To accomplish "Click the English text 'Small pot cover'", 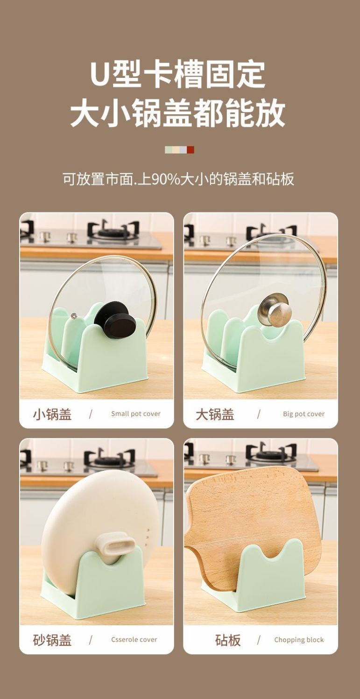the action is (136, 414).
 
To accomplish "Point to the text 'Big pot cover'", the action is (304, 414).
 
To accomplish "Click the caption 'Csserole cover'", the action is (134, 639).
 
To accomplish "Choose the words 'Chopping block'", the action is (299, 640).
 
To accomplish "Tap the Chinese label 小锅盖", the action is (52, 414).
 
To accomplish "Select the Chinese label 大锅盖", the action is (215, 414).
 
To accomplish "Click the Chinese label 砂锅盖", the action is (52, 640).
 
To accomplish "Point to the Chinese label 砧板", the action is (228, 640).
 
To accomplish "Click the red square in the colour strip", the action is (191, 150).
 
